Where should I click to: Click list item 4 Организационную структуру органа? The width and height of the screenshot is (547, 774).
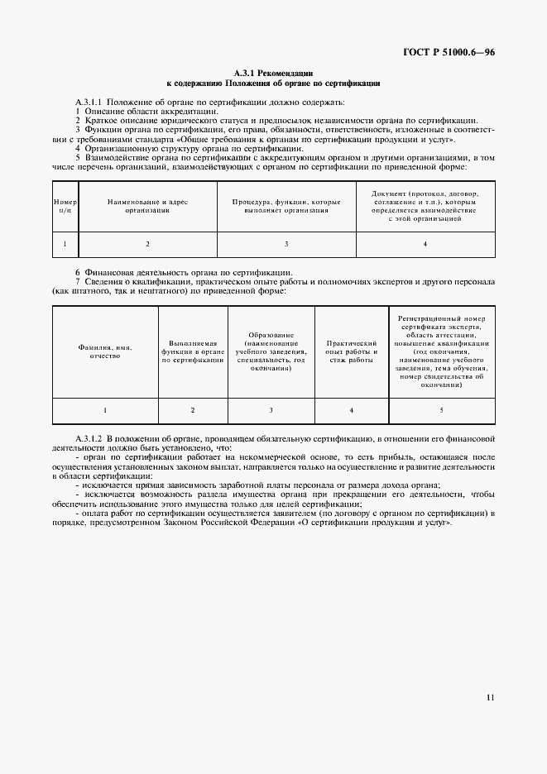pos(189,147)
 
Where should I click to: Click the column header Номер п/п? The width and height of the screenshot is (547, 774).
pos(65,206)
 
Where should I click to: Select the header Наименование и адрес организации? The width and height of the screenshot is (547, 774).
pos(147,206)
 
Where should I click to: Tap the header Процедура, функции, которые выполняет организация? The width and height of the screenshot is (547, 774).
pos(286,206)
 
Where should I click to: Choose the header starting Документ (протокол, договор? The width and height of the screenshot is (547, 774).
pos(425,206)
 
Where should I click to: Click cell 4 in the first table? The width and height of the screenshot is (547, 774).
pos(425,244)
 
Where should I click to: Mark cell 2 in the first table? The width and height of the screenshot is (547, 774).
pos(147,244)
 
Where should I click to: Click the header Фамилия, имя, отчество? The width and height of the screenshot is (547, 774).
pos(105,351)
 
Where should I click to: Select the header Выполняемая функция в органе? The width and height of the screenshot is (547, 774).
pos(193,351)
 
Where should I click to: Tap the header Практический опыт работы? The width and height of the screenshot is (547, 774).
pos(352,351)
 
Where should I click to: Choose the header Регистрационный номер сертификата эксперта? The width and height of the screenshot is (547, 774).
pos(440,351)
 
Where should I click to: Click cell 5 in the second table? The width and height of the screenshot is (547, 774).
pos(440,410)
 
